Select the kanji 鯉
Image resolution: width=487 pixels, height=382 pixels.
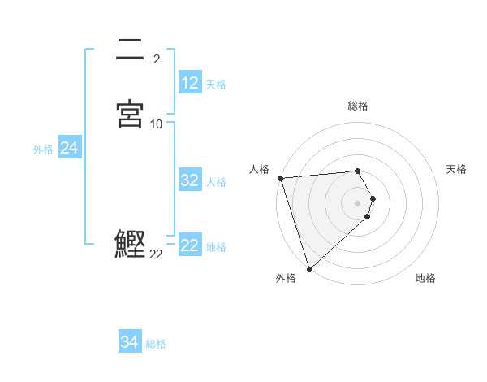[x=131, y=244]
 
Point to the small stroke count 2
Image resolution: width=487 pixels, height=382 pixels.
[x=156, y=59]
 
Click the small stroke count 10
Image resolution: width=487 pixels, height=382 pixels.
[x=157, y=124]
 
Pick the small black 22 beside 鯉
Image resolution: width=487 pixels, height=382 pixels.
[x=156, y=254]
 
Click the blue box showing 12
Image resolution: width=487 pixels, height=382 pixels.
[x=189, y=83]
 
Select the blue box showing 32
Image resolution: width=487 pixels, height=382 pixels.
[x=189, y=181]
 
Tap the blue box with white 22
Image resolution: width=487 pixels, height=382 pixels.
[x=189, y=245]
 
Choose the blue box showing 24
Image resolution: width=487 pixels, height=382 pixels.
[x=69, y=148]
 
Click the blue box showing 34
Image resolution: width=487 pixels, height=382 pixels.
[x=129, y=342]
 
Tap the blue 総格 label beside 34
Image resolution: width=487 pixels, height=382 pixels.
[x=156, y=344]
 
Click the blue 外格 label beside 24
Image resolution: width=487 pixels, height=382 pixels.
[x=43, y=150]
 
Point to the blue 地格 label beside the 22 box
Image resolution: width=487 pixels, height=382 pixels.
[x=216, y=247]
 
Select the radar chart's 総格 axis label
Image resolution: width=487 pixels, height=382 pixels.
[x=358, y=106]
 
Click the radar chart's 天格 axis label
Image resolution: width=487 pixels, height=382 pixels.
[x=456, y=169]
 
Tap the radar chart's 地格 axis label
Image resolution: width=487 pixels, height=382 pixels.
[x=425, y=278]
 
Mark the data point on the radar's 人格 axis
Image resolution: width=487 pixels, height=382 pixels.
[x=280, y=178]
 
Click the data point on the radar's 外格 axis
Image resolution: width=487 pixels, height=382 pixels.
[x=309, y=268]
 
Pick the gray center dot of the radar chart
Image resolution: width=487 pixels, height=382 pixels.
[x=358, y=202]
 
